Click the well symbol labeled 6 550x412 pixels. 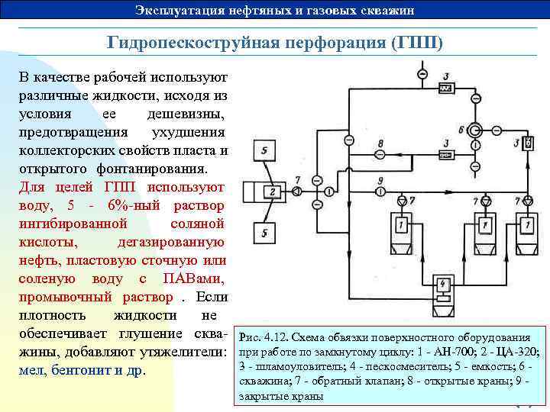pyautogui.click(x=475, y=129)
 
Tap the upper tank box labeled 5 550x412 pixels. pyautogui.click(x=264, y=150)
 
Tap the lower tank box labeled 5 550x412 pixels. pyautogui.click(x=264, y=232)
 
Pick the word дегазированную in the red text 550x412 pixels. pyautogui.click(x=171, y=242)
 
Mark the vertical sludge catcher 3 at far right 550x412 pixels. pyautogui.click(x=529, y=143)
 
